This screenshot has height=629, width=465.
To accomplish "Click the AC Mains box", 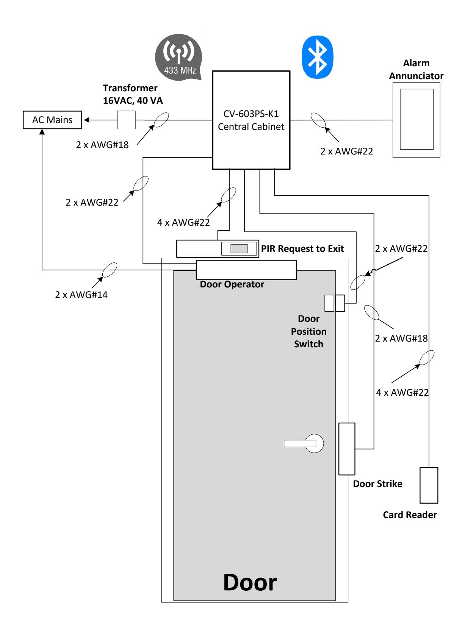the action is (52, 120).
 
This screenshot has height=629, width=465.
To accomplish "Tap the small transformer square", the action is (126, 120).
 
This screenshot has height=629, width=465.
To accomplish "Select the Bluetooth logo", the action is (317, 57).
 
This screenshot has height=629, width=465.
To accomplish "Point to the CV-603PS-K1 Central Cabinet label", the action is (251, 120).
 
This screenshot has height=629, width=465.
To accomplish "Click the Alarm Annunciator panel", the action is (416, 120).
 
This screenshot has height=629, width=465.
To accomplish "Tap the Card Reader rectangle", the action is (429, 485).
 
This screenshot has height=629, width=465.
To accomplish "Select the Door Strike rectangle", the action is (347, 449).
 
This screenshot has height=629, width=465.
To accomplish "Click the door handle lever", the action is (303, 443).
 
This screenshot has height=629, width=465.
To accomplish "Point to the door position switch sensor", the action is (334, 303).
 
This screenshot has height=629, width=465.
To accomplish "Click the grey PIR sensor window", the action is (239, 248).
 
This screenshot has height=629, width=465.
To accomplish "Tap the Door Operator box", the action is (246, 270).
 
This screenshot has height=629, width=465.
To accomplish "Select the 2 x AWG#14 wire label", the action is (81, 295).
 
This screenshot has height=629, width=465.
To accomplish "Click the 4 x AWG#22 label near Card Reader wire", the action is (402, 392).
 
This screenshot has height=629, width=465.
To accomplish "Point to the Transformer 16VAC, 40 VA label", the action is (133, 94).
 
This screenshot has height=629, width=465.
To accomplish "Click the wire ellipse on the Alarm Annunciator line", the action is (318, 120).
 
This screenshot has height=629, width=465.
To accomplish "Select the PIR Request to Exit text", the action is (302, 248).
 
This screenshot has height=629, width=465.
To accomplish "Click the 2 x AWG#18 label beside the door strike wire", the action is (401, 338).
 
